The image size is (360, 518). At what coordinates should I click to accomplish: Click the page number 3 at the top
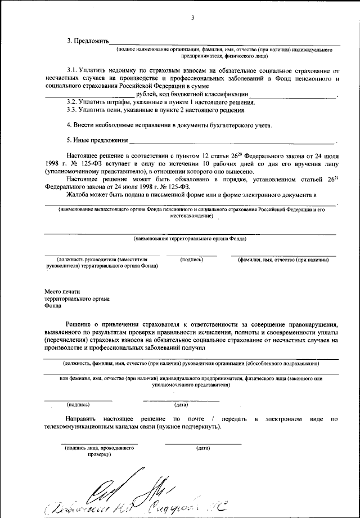[192, 18]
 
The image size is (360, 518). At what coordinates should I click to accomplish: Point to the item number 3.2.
[73, 102]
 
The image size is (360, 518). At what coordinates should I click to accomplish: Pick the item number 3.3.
[73, 110]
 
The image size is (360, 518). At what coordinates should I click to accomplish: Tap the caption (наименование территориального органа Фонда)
[190, 239]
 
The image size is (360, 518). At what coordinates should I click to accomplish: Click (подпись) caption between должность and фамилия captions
[191, 260]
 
